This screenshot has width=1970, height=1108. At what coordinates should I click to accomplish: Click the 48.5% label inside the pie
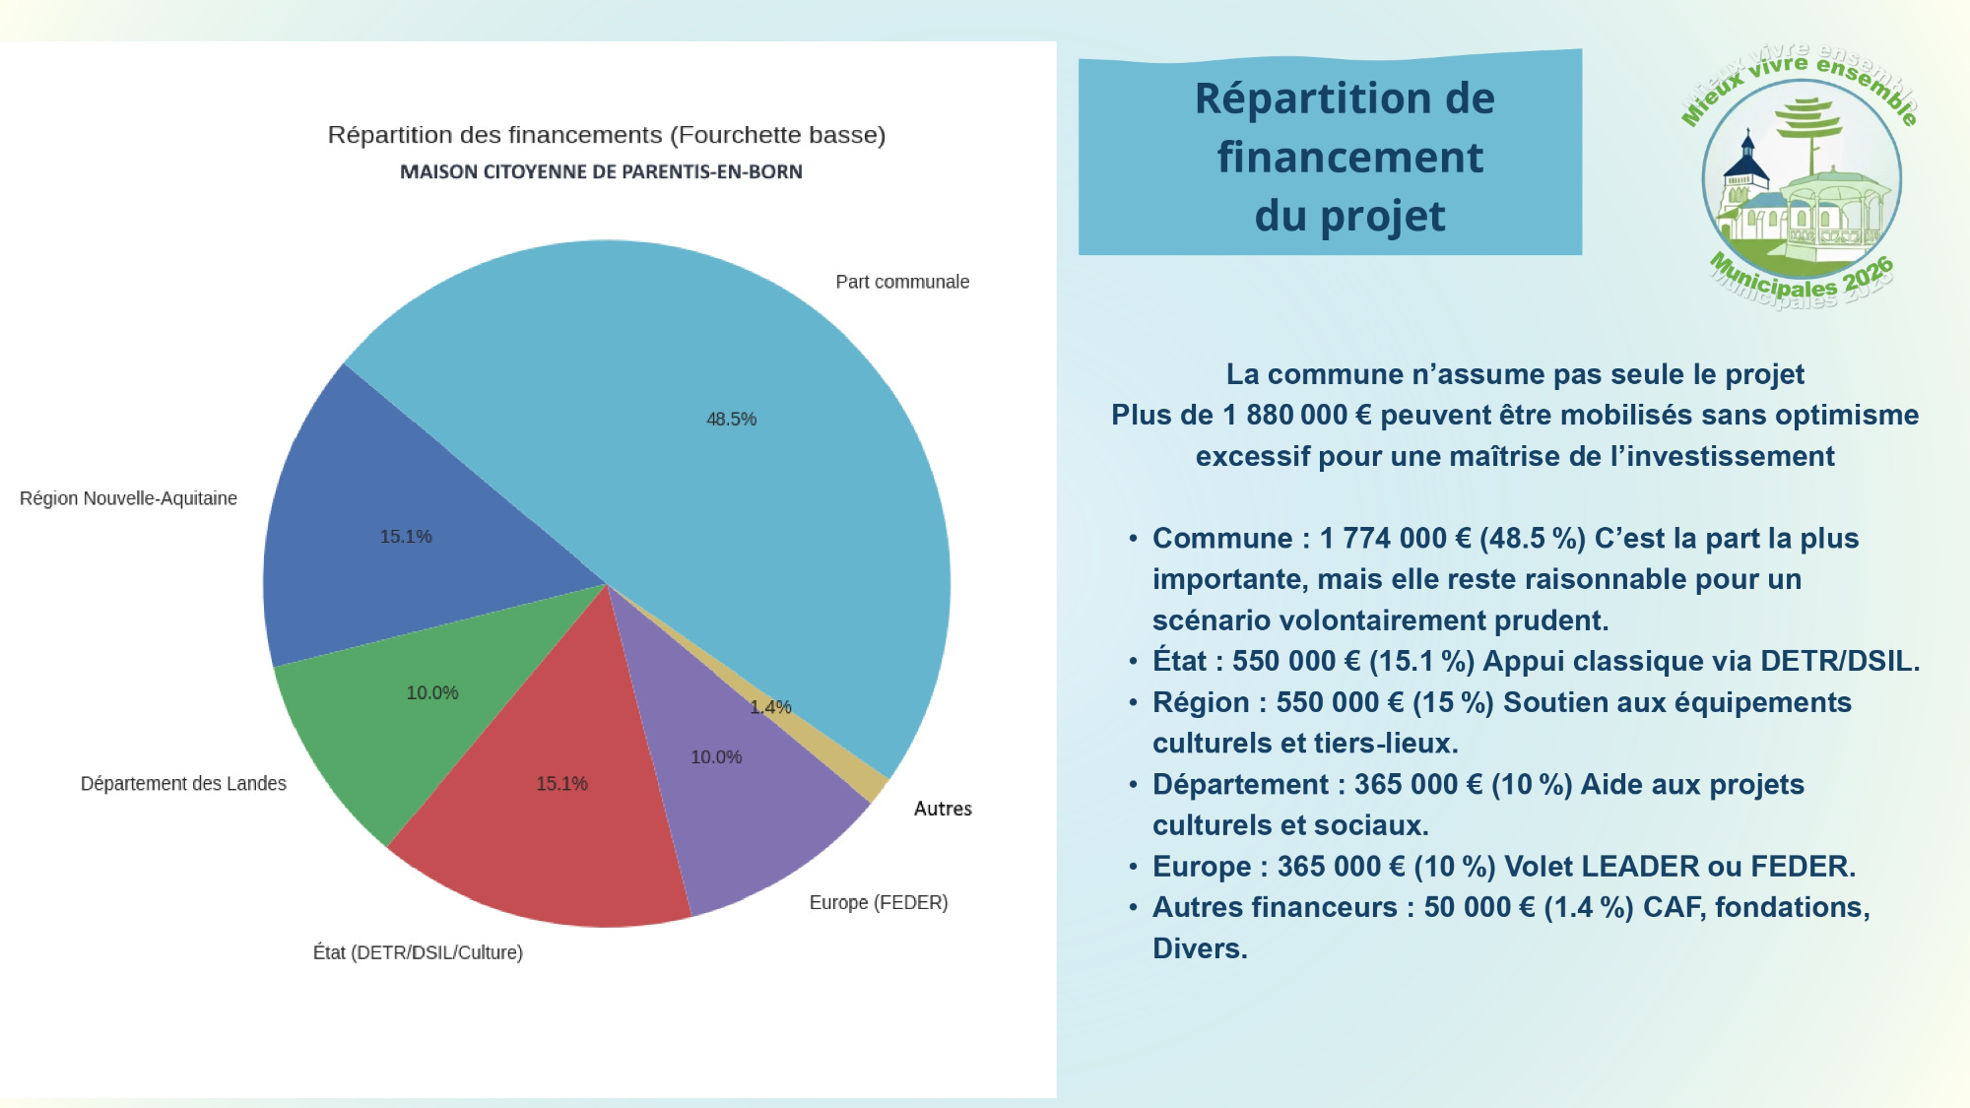(x=731, y=420)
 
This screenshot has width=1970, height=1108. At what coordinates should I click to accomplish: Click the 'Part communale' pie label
(x=902, y=283)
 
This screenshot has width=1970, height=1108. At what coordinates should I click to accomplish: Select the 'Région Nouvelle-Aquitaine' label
(x=128, y=498)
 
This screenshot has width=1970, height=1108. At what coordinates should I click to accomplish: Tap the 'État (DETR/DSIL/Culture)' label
(x=418, y=952)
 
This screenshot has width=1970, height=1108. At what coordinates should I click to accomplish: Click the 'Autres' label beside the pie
(x=943, y=809)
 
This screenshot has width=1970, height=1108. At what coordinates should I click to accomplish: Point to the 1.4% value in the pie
(x=770, y=707)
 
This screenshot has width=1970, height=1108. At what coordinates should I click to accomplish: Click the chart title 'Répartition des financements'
(x=606, y=135)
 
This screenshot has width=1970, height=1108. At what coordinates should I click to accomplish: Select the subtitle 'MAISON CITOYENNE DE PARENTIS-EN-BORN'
(x=601, y=172)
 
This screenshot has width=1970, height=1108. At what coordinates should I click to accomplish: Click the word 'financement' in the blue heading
(x=1349, y=158)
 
